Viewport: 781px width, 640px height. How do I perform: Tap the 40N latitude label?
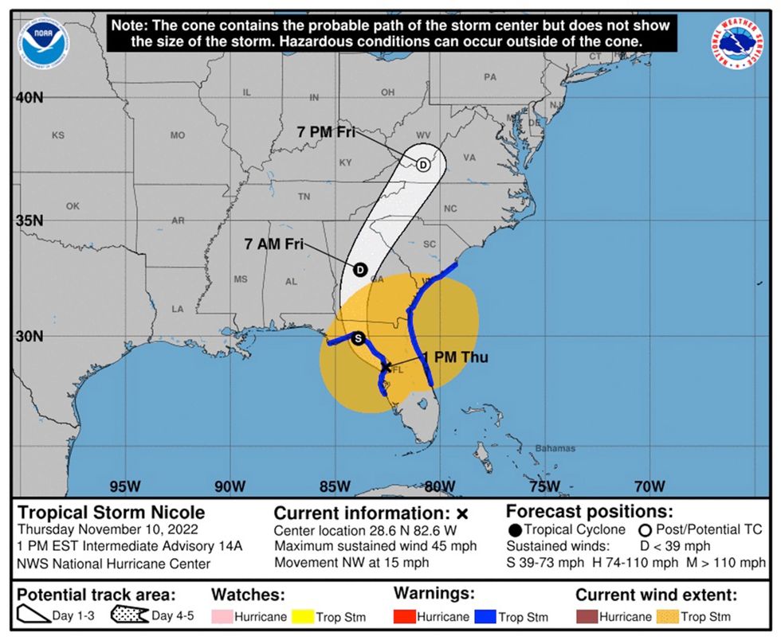[x=29, y=98]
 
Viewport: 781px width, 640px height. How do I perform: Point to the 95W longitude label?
[x=124, y=486]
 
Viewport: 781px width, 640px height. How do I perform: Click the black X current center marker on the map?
[x=387, y=367]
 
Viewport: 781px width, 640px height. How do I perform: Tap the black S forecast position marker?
[x=359, y=338]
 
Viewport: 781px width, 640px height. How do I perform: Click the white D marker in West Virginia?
[x=423, y=165]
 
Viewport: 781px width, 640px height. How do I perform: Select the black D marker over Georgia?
[x=359, y=270]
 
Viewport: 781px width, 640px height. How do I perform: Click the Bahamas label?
[x=555, y=448]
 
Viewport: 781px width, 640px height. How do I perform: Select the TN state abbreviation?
[x=304, y=197]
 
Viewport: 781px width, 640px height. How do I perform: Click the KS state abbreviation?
[x=57, y=135]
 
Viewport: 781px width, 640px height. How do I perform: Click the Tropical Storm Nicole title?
[x=112, y=513]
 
